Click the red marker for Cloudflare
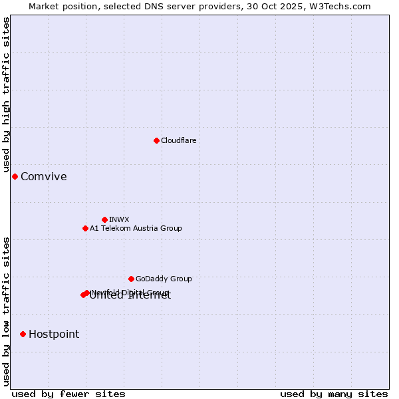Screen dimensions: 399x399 click(x=156, y=140)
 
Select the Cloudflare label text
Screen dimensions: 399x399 click(x=178, y=140)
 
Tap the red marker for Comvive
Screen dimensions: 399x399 click(x=15, y=176)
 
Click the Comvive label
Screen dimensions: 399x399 click(x=44, y=176)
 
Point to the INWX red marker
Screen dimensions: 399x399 click(x=104, y=219)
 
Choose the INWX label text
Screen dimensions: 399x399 click(x=119, y=219)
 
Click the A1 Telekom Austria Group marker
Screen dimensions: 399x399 click(x=85, y=228)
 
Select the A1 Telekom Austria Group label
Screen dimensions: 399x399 click(x=136, y=228)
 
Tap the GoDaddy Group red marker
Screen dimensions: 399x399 click(x=131, y=279)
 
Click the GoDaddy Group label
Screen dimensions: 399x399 click(x=164, y=279)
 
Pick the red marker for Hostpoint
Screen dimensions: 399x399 click(x=23, y=334)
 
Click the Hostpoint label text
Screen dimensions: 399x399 click(x=54, y=334)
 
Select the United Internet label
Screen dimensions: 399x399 click(x=130, y=297)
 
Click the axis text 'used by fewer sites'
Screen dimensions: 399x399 click(x=68, y=394)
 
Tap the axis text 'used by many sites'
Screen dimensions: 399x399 click(x=334, y=394)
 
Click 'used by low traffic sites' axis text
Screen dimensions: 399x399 click(x=7, y=311)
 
